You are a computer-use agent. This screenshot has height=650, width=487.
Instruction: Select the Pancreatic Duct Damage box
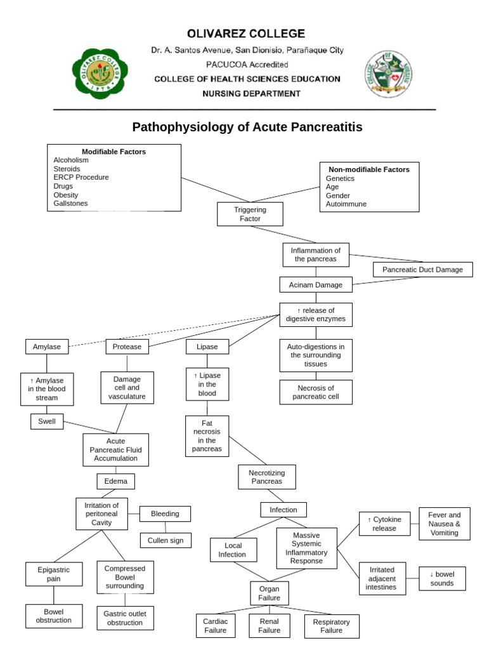click(422, 270)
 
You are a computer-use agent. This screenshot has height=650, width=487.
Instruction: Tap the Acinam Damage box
click(316, 285)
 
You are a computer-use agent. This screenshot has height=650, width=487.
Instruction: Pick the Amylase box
click(46, 347)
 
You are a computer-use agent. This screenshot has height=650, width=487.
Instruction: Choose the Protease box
click(127, 347)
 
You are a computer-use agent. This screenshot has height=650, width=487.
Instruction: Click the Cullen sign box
click(165, 540)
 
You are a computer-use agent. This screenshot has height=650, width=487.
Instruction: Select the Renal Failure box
click(269, 626)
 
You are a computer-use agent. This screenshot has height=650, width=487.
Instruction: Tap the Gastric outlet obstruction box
click(124, 618)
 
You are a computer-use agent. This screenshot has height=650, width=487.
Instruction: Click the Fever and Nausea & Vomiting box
click(444, 524)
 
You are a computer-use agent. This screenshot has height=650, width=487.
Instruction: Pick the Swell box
click(47, 421)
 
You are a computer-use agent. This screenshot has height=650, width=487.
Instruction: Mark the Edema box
click(115, 481)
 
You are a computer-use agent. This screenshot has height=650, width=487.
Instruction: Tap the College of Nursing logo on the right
click(389, 74)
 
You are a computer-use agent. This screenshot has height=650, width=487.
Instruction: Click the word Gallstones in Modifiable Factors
click(71, 203)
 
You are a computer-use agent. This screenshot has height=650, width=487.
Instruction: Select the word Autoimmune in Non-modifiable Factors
click(346, 204)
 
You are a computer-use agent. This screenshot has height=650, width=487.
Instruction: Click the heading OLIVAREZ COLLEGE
click(246, 34)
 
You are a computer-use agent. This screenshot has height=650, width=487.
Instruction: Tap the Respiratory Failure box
click(332, 627)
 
